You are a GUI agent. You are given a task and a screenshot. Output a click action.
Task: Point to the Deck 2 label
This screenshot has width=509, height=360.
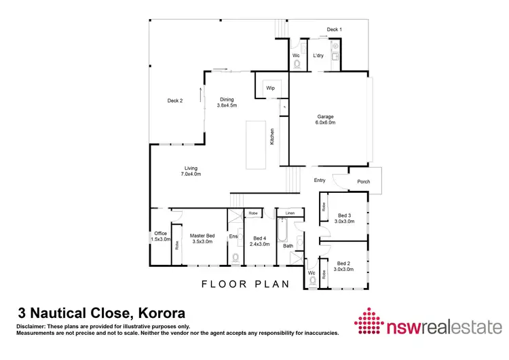[175, 101]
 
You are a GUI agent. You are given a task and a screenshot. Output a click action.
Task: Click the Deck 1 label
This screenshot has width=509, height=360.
[334, 30]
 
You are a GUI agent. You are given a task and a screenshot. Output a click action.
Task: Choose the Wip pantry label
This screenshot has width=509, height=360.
[269, 88]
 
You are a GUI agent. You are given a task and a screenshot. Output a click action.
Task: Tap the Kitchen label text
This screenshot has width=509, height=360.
[271, 137]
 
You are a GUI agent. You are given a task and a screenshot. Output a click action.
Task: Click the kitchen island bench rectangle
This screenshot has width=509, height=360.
[254, 144]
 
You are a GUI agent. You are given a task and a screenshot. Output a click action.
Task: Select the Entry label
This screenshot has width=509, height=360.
[320, 180]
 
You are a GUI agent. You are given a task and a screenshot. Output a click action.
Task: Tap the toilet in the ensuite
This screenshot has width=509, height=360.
[235, 257]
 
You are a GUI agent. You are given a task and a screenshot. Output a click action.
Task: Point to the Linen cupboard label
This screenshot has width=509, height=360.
[290, 213]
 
